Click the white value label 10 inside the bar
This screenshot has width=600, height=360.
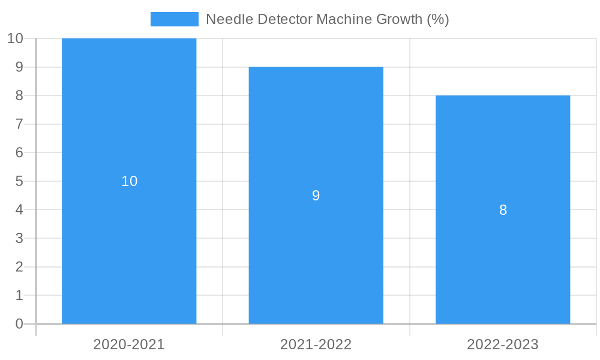point(130,181)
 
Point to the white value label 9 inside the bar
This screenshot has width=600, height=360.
point(316,196)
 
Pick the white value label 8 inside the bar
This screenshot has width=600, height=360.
point(503,210)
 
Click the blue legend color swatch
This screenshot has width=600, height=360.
point(174,19)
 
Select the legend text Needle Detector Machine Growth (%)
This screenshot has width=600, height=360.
point(327,19)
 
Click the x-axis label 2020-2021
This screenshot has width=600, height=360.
point(129,344)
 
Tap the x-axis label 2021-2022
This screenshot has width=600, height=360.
point(316,344)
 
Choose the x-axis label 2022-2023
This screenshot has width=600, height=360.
point(503,344)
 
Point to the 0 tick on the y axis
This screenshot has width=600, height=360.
point(19,324)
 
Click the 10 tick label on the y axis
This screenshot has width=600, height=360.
point(15,38)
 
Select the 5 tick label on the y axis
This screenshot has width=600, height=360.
point(19,181)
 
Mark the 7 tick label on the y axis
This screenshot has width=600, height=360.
point(19,124)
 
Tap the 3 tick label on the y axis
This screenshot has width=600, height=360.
point(19,238)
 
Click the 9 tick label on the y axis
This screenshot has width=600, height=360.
point(19,67)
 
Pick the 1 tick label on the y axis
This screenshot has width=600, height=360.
point(19,295)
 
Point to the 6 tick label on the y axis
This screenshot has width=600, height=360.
point(19,152)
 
